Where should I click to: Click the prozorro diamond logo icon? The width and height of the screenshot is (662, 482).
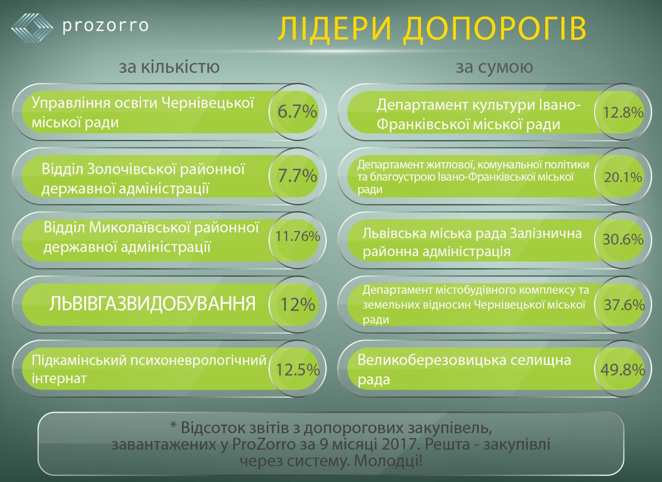(32, 27)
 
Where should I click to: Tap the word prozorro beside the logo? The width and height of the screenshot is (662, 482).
(106, 26)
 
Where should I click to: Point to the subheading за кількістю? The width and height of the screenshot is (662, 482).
(169, 67)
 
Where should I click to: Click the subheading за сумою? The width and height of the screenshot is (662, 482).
(494, 67)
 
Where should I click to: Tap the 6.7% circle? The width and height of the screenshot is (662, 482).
(297, 112)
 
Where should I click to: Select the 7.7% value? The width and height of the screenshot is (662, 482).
(297, 176)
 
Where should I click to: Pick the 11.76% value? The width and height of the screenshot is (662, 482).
(297, 236)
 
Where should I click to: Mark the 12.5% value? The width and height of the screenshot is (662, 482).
(297, 369)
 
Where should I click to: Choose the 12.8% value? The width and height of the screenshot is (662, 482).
(623, 112)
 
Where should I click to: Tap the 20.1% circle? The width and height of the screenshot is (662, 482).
(623, 177)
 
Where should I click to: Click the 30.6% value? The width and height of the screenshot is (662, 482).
(623, 240)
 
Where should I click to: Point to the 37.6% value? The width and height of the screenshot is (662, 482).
(624, 305)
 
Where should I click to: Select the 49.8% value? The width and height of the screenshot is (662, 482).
(623, 369)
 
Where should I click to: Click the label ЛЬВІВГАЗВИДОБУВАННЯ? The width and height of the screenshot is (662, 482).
(152, 304)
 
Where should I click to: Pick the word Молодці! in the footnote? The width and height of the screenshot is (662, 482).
(388, 460)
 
